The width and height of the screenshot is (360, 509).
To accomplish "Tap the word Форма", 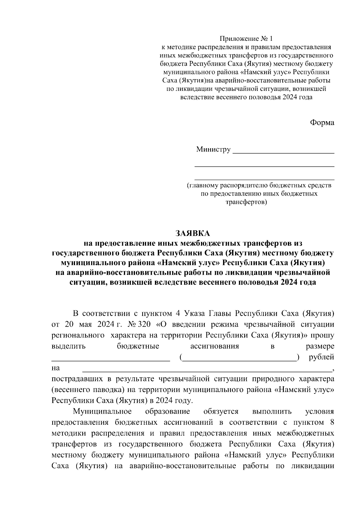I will coord(322,123).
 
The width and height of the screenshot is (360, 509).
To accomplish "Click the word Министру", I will coord(213,149).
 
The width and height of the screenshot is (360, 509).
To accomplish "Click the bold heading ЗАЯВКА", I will coord(193,233).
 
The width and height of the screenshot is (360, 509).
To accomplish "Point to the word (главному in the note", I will coord(203,185).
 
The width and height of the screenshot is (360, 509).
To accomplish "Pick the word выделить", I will coord(69,346).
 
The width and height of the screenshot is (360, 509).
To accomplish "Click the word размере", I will coord(320,346).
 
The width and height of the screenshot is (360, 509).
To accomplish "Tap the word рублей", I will coord(321,357).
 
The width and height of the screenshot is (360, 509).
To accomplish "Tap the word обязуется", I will coord(221,412).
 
